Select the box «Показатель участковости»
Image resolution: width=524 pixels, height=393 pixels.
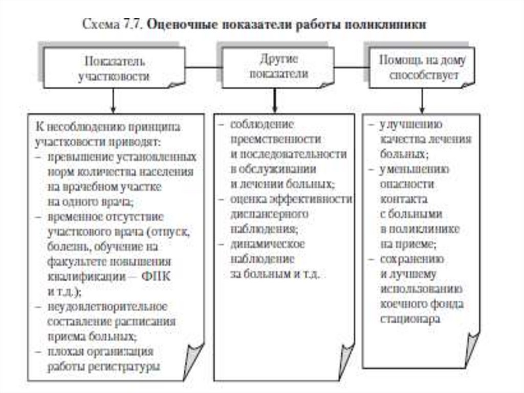coord(114,69)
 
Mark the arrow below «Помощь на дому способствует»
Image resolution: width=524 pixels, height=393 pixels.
coord(422,104)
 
